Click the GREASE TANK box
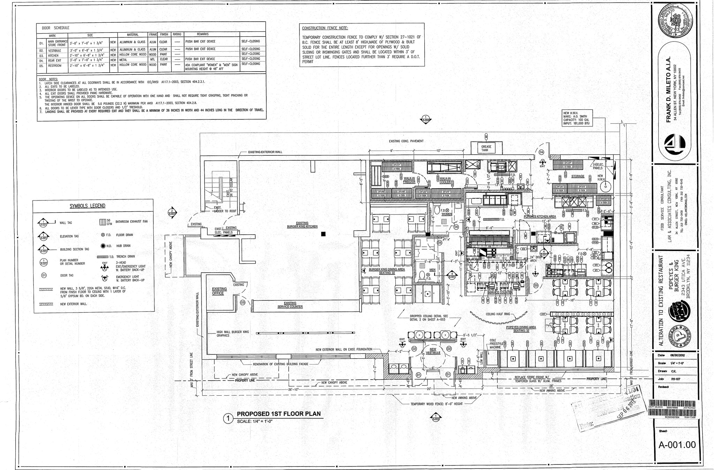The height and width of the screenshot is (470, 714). pyautogui.click(x=486, y=148)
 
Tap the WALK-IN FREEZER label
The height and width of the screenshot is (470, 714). pyautogui.click(x=409, y=180)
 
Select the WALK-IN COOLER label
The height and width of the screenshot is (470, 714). pyautogui.click(x=445, y=180)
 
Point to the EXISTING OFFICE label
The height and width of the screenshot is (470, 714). pyautogui.click(x=219, y=291)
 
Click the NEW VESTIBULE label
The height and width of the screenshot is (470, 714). pyautogui.click(x=433, y=351)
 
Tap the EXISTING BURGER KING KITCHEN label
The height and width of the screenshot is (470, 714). pyautogui.click(x=302, y=225)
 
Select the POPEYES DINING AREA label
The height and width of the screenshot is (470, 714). pyautogui.click(x=521, y=329)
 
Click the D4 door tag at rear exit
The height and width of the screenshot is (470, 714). pyautogui.click(x=541, y=152)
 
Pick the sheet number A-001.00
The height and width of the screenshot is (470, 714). pyautogui.click(x=677, y=445)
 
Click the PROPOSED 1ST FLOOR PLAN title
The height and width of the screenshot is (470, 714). pyautogui.click(x=278, y=414)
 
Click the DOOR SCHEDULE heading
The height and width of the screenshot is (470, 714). pyautogui.click(x=55, y=28)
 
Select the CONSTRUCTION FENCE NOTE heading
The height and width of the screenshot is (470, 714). pyautogui.click(x=325, y=28)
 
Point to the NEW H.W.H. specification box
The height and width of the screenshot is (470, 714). pyautogui.click(x=577, y=118)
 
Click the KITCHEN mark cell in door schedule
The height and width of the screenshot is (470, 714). pyautogui.click(x=53, y=56)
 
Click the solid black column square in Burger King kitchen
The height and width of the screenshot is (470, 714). pyautogui.click(x=323, y=234)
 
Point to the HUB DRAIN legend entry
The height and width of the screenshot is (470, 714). pyautogui.click(x=109, y=246)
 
